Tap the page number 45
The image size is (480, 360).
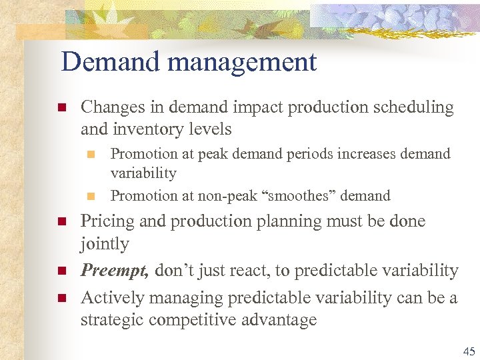469,352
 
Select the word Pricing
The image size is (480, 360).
105,221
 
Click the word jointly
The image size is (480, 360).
105,245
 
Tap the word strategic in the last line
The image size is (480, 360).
112,320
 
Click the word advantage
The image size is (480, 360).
283,321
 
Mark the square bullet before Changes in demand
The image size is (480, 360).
61,107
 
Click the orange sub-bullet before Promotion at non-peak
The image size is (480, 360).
92,196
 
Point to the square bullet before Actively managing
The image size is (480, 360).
61,297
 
